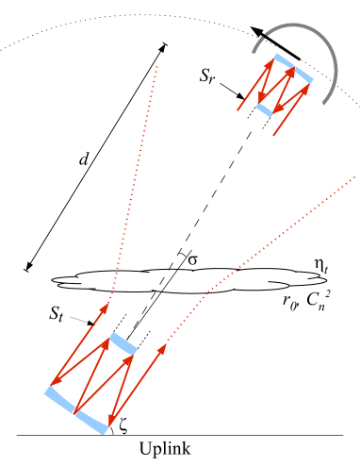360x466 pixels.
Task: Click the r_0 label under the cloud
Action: pyautogui.click(x=287, y=302)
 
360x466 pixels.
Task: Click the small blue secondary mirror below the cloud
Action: pyautogui.click(x=123, y=344)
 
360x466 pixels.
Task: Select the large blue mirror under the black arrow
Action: pyautogui.click(x=292, y=70)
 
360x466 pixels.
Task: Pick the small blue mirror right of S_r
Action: pyautogui.click(x=265, y=108)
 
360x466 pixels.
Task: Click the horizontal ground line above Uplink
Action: pyautogui.click(x=236, y=435)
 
